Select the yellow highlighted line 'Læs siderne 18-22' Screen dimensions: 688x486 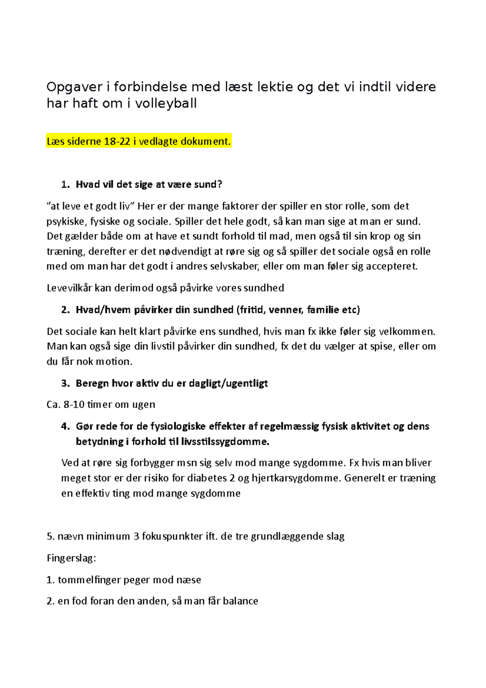[x=139, y=141]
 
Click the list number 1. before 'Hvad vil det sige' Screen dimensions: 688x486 [x=65, y=185]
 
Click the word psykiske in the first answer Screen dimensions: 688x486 [x=66, y=222]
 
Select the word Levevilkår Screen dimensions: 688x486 [x=69, y=288]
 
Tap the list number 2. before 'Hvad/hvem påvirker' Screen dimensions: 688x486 [x=65, y=310]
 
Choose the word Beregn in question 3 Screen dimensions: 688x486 [x=91, y=383]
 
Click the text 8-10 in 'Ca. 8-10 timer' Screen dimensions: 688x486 [x=74, y=405]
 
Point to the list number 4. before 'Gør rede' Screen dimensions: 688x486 [x=65, y=426]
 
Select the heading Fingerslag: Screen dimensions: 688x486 [x=71, y=558]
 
